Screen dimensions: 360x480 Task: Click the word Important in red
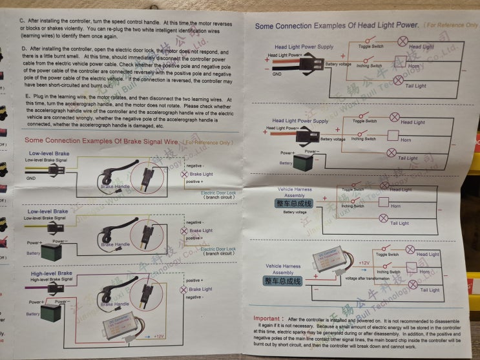click(266, 319)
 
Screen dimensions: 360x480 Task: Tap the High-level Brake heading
click(52, 273)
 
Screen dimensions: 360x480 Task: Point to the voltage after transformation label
click(368, 278)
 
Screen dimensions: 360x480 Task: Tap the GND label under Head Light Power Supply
click(277, 74)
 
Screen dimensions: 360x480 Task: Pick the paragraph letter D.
click(24, 48)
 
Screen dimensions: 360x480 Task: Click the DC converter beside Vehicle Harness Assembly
click(331, 260)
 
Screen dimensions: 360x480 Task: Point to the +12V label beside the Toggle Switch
click(364, 263)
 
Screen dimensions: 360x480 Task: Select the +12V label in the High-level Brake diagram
click(159, 337)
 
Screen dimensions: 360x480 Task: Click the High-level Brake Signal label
click(50, 279)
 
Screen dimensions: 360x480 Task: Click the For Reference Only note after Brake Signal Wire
click(207, 142)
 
